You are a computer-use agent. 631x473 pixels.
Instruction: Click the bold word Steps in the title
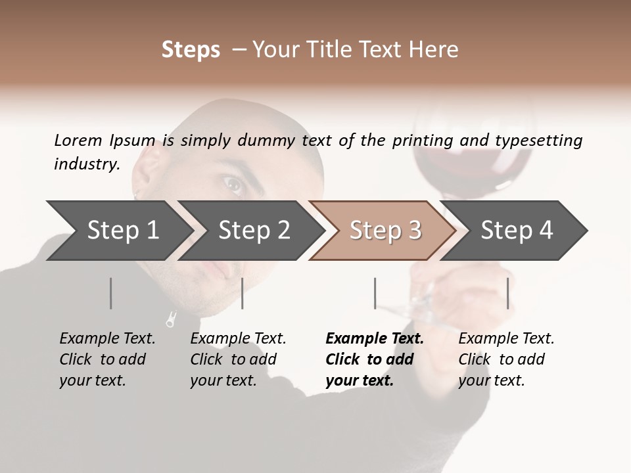pyautogui.click(x=191, y=50)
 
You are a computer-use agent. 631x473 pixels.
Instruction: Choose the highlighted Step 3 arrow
pyautogui.click(x=385, y=231)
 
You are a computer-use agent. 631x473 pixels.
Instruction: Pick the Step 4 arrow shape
pyautogui.click(x=517, y=231)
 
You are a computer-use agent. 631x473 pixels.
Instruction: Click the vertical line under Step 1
pyautogui.click(x=110, y=293)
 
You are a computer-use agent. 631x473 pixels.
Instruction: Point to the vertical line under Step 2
pyautogui.click(x=243, y=293)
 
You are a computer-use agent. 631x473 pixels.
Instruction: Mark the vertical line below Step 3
pyautogui.click(x=375, y=293)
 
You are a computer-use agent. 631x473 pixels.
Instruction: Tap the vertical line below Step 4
pyautogui.click(x=507, y=293)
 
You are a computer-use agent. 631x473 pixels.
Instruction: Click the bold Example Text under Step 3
pyautogui.click(x=375, y=339)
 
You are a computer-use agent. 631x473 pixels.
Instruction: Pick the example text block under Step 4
pyautogui.click(x=506, y=359)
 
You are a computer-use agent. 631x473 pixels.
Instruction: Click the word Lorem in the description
pyautogui.click(x=78, y=141)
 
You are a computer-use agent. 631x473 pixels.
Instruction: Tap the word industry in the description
pyautogui.click(x=86, y=164)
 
